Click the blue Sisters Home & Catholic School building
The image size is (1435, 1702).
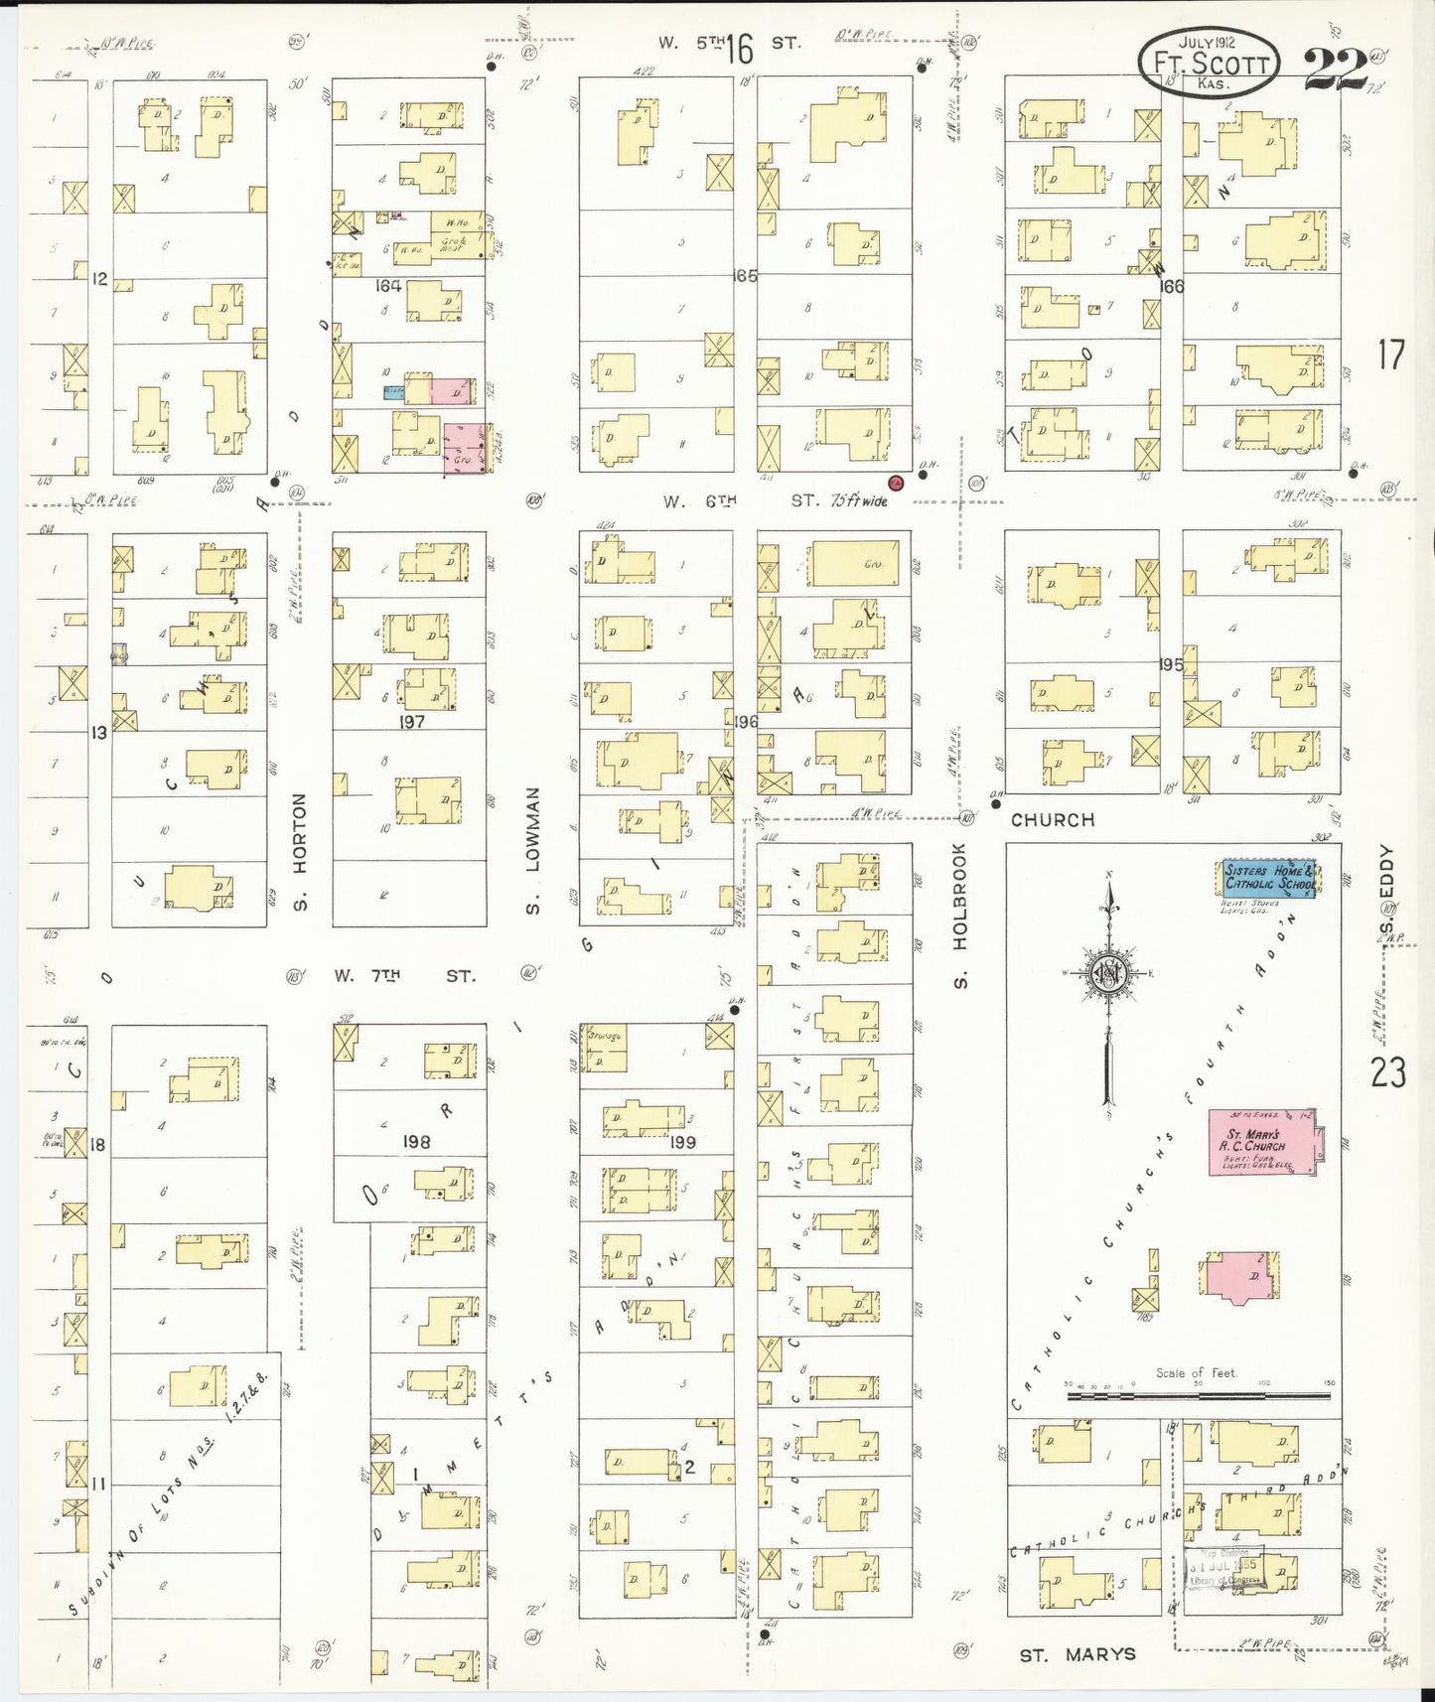tap(1268, 878)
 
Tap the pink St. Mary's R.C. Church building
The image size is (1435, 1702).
tap(1259, 1142)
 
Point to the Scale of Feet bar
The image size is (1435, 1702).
tap(1198, 1395)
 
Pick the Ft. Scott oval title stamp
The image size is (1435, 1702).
tap(1209, 62)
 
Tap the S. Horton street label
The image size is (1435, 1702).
tap(300, 851)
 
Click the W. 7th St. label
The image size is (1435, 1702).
tap(404, 976)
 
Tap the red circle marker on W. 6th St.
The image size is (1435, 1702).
tap(895, 483)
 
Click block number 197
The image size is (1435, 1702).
tap(411, 722)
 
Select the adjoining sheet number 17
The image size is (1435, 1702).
tap(1390, 355)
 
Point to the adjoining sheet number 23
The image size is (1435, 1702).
tap(1387, 1072)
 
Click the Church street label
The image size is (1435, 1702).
tap(1053, 820)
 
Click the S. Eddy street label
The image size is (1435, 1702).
tap(1387, 879)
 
